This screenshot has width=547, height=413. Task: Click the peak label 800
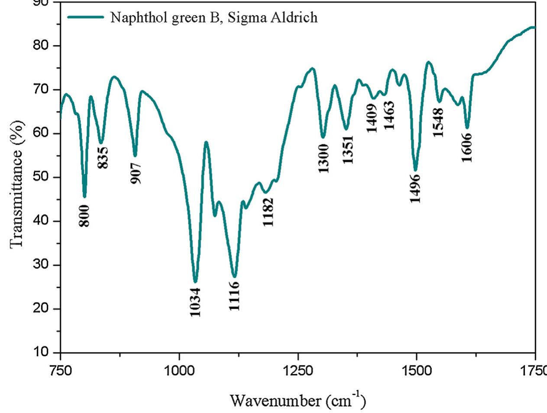[x=84, y=215]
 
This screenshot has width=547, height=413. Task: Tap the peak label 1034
[x=196, y=302]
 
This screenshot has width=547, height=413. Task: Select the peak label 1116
[x=234, y=296]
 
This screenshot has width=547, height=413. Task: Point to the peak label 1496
[x=415, y=188]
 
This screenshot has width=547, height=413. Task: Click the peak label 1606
[x=467, y=147]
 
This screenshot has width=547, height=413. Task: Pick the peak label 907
[x=136, y=173]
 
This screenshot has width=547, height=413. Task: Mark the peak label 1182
[x=268, y=212]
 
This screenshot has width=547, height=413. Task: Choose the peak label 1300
[x=324, y=158]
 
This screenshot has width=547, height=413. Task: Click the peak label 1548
[x=439, y=123]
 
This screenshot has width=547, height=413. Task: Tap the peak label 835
[x=103, y=158]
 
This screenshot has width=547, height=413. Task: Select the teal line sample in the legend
[x=86, y=17]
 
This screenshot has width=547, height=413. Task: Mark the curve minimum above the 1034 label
[x=195, y=282]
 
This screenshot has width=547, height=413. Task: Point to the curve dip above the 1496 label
[x=415, y=170]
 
